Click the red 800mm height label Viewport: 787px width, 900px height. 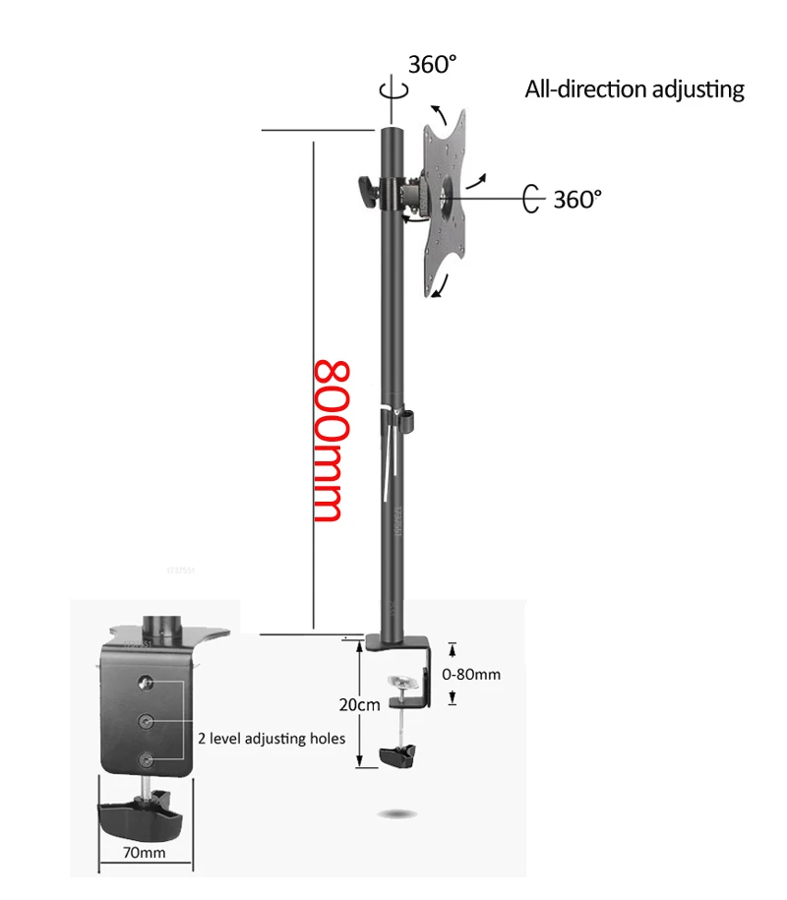click(328, 442)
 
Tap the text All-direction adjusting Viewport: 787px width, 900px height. click(635, 90)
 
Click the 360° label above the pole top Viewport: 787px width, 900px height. click(434, 65)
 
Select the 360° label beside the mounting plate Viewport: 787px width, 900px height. click(576, 200)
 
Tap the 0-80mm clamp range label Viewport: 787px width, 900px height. click(472, 675)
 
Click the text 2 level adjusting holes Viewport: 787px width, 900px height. click(272, 737)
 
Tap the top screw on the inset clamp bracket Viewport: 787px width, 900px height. click(148, 682)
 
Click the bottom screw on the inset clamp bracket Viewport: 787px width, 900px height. click(148, 759)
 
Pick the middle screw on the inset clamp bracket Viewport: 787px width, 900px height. click(148, 721)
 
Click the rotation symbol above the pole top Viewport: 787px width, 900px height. click(397, 89)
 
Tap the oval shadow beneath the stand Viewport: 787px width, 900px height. click(401, 814)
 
